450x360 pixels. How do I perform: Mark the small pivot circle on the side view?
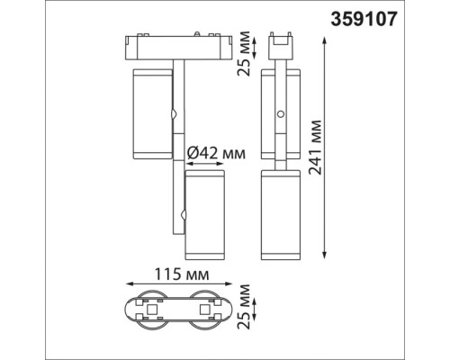(283, 115)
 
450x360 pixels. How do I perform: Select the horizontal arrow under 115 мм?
(180, 287)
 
